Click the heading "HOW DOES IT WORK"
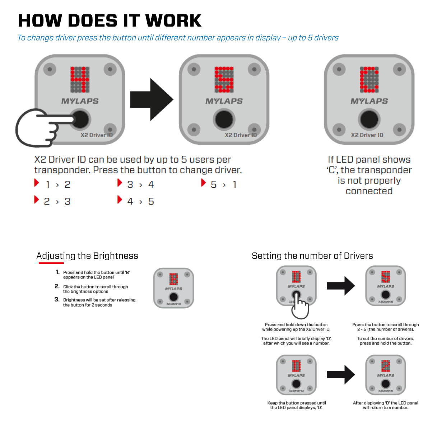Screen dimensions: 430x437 [110, 21]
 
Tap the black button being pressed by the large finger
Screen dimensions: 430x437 [80, 120]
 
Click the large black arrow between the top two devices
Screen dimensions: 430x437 [152, 99]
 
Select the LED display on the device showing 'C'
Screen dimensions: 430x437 [369, 79]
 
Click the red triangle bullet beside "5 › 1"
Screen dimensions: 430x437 [203, 183]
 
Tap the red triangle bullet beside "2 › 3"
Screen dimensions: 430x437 [36, 200]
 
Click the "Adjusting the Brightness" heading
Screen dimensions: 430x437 [87, 256]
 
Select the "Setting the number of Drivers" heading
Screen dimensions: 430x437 [312, 256]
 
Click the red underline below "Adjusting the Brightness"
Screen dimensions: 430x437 [51, 263]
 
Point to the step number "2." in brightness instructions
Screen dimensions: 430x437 [57, 286]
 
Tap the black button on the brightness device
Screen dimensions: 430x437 [174, 297]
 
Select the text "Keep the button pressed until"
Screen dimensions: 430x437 [297, 403]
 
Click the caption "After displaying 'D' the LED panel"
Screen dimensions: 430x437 [385, 403]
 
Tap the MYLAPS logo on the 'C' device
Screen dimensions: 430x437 [369, 101]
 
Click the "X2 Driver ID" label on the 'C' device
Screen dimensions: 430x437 [367, 135]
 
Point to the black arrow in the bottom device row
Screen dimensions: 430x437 [341, 375]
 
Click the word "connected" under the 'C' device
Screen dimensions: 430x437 [369, 191]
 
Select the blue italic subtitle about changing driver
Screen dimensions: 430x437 [178, 38]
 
